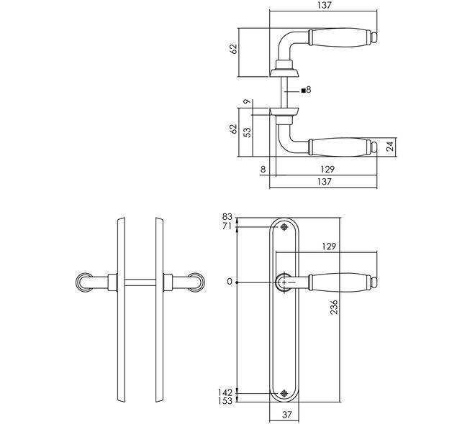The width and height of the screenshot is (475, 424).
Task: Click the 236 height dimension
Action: [x=334, y=308]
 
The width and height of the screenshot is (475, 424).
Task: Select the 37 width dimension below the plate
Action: [x=286, y=415]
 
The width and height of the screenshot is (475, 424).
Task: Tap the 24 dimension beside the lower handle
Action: [x=391, y=147]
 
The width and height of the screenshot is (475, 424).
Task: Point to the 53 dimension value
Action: [x=248, y=132]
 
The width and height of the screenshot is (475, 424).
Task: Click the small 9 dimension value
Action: [x=248, y=101]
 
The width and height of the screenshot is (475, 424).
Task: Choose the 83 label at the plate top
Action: [x=227, y=217]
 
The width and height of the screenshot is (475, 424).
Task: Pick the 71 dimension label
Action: [x=227, y=226]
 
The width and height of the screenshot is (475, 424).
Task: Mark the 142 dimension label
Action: [x=225, y=392]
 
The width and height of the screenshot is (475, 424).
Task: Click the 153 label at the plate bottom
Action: [x=225, y=401]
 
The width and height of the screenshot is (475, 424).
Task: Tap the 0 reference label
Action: [x=230, y=282]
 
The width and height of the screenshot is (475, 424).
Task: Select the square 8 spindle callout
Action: [x=307, y=90]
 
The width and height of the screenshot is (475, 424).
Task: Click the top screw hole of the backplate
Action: [x=284, y=227]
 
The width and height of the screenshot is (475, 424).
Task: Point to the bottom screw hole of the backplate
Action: [x=284, y=393]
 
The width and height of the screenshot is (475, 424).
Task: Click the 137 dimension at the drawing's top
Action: [x=325, y=5]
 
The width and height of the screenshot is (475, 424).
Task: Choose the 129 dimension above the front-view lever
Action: [x=329, y=246]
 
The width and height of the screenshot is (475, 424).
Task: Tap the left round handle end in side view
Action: [x=84, y=282]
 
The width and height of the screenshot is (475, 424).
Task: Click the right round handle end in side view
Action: [x=196, y=282]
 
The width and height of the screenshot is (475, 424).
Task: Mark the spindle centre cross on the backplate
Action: [x=284, y=282]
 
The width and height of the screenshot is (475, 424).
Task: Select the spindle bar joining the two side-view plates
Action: [x=140, y=282]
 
